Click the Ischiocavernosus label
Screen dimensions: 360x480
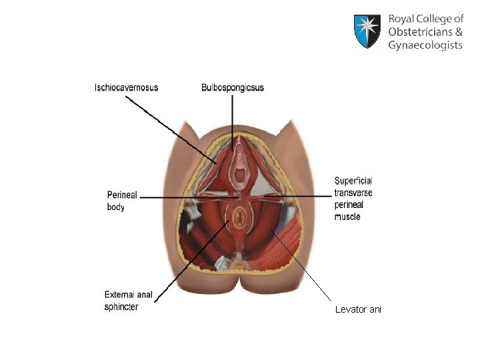[x=127, y=87]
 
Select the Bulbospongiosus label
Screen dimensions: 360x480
[x=233, y=87]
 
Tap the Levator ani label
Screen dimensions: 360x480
[x=358, y=310]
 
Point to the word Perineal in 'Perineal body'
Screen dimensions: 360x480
[x=122, y=195]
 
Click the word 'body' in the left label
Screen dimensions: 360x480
[x=116, y=207]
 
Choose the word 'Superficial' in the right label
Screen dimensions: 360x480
[x=353, y=181]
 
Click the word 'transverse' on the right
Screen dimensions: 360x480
[x=353, y=193]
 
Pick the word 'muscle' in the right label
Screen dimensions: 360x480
[x=347, y=217]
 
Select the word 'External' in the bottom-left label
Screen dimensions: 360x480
[x=121, y=295]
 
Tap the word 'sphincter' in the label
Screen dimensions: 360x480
[x=121, y=307]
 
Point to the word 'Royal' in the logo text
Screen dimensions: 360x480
[x=403, y=20]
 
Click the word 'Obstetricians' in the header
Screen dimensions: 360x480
[x=419, y=32]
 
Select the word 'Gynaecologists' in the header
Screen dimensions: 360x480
[x=425, y=45]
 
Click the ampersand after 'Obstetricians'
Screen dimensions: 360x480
[x=458, y=32]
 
